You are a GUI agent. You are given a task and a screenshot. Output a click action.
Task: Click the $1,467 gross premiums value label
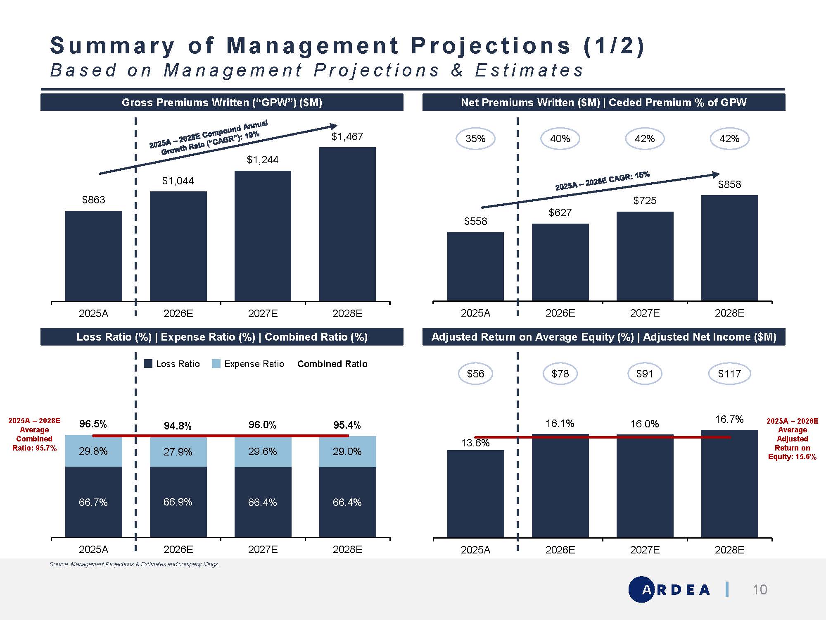(x=347, y=137)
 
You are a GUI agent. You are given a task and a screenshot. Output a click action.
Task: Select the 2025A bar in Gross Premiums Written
(x=94, y=256)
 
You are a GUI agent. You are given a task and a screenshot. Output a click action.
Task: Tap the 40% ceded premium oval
(x=560, y=139)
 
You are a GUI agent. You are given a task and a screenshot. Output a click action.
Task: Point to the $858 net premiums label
(x=729, y=185)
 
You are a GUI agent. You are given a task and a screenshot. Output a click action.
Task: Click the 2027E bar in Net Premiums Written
(x=645, y=256)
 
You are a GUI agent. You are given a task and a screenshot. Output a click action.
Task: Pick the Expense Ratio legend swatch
(x=216, y=364)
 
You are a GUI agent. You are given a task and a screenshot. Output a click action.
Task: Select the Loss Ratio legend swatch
(x=148, y=364)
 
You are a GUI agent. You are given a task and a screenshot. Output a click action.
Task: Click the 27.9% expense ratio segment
(x=178, y=451)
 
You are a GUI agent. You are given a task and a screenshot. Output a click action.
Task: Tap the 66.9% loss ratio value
(x=178, y=502)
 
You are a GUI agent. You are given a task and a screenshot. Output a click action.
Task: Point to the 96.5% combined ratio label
(x=93, y=424)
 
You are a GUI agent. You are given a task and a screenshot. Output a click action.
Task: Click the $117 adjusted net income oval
(x=729, y=374)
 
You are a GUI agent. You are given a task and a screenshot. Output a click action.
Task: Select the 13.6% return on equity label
(x=475, y=443)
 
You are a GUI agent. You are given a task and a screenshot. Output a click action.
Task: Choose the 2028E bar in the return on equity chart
(x=729, y=484)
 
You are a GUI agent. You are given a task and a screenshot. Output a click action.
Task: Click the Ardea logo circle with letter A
(x=641, y=589)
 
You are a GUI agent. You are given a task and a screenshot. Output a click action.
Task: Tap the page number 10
(x=760, y=590)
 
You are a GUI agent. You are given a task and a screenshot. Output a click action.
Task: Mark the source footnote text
(x=134, y=564)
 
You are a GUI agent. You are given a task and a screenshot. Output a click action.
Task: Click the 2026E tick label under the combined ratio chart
(x=178, y=550)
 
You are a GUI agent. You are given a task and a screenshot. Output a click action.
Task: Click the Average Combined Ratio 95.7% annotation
(x=34, y=434)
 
